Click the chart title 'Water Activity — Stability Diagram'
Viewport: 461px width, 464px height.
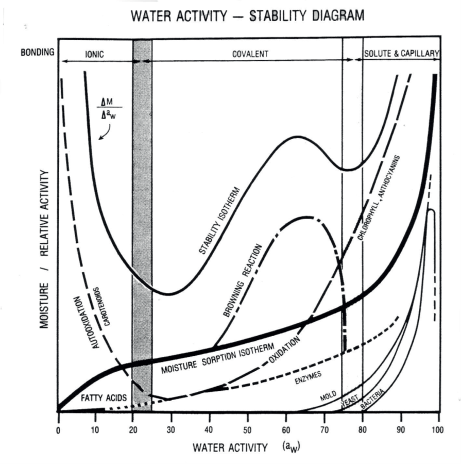(247, 16)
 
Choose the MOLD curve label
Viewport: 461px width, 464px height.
(328, 396)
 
